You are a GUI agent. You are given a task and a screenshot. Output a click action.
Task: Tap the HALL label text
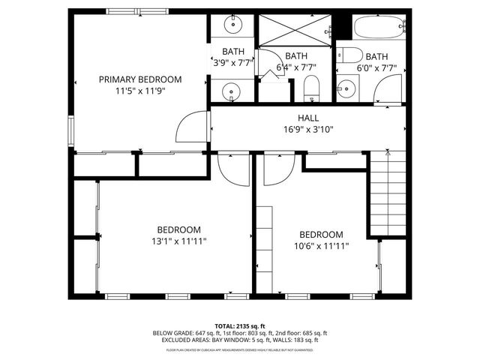click(x=308, y=118)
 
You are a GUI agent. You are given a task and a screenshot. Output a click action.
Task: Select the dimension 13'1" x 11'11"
click(x=178, y=241)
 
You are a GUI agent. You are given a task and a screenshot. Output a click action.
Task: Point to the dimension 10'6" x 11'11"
click(x=321, y=246)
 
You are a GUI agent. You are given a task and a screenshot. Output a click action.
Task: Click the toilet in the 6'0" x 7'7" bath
click(x=349, y=56)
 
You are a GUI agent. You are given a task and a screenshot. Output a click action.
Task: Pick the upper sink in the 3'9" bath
click(x=233, y=25)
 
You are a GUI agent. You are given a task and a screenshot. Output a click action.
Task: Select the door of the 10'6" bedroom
click(x=273, y=168)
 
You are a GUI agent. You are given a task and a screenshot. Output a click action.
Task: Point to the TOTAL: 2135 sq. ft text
click(x=239, y=326)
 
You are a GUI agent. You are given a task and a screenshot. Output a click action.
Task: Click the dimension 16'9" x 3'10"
click(x=308, y=129)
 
